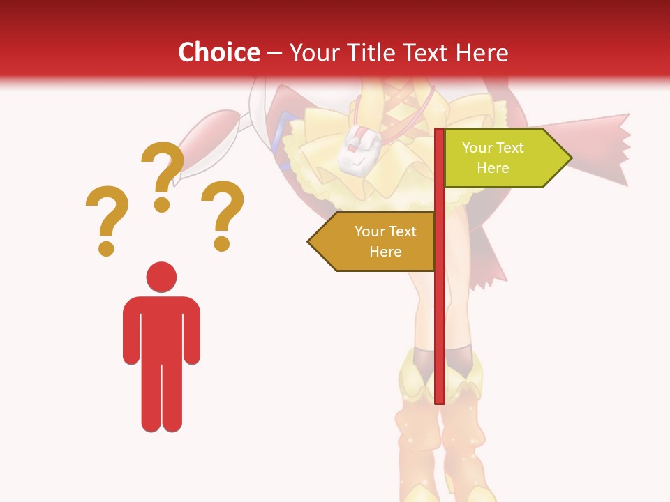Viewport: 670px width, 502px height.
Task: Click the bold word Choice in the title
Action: [x=218, y=52]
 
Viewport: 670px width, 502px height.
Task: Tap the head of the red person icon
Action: [x=161, y=277]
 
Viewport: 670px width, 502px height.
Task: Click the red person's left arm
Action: [x=131, y=331]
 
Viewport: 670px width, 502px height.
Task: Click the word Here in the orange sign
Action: [x=385, y=252]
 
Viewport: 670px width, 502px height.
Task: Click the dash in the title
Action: [x=274, y=53]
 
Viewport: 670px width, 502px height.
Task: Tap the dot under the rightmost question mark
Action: [x=222, y=243]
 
